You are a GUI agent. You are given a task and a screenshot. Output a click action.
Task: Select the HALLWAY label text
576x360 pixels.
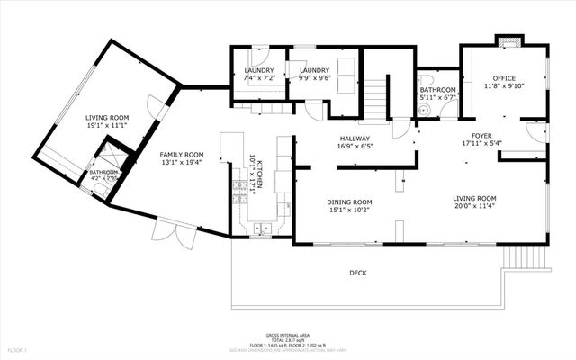click(354, 138)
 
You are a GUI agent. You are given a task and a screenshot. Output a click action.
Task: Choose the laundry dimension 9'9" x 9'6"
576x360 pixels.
click(314, 78)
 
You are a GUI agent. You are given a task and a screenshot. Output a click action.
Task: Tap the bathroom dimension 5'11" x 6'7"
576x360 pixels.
click(438, 98)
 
